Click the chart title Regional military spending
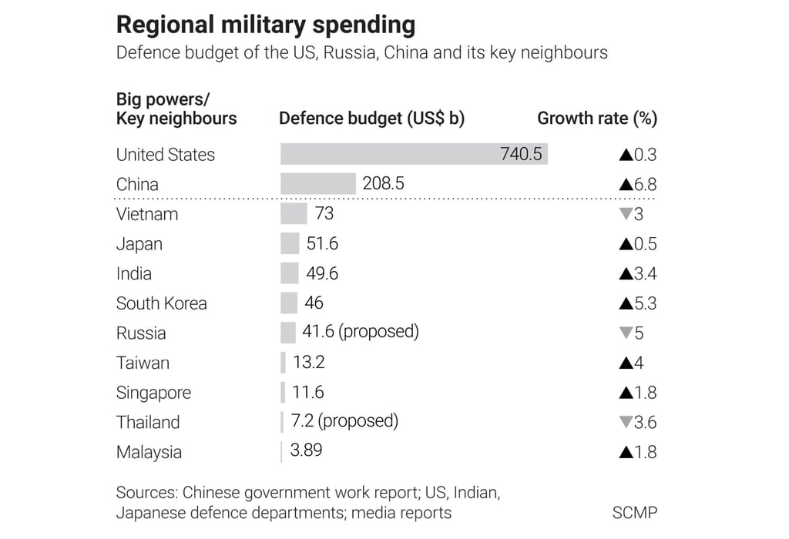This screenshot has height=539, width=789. pyautogui.click(x=265, y=25)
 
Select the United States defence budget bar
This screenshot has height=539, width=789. pyautogui.click(x=385, y=154)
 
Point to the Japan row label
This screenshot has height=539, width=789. pyautogui.click(x=139, y=244)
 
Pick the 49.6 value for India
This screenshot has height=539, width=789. pyautogui.click(x=321, y=273)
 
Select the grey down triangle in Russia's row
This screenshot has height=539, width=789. pyautogui.click(x=626, y=333)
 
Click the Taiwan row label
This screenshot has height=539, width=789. pyautogui.click(x=143, y=363)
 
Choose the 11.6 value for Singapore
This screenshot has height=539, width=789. pyautogui.click(x=307, y=392)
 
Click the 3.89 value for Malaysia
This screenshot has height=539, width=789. pyautogui.click(x=306, y=451)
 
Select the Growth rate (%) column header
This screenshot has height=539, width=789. pyautogui.click(x=597, y=119)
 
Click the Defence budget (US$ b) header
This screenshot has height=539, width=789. pyautogui.click(x=371, y=119)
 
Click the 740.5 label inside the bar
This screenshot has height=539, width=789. pyautogui.click(x=521, y=154)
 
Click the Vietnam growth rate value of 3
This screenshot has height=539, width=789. pyautogui.click(x=639, y=214)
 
